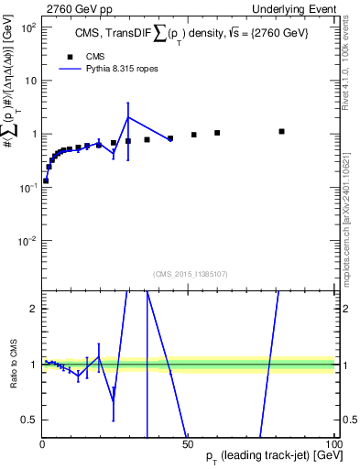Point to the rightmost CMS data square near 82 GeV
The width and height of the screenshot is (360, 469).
tap(281, 131)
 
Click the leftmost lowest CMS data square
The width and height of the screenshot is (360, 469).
tap(46, 180)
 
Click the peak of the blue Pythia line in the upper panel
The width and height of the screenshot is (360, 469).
tap(128, 116)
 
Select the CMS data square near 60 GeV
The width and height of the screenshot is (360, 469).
tap(217, 133)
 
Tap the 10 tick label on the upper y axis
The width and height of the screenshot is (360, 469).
tap(29, 81)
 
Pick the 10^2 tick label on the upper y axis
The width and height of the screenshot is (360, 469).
tap(27, 27)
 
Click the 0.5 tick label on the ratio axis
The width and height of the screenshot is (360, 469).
tap(28, 420)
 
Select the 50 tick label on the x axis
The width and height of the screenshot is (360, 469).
tap(188, 444)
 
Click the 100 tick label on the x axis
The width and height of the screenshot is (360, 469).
tap(332, 444)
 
